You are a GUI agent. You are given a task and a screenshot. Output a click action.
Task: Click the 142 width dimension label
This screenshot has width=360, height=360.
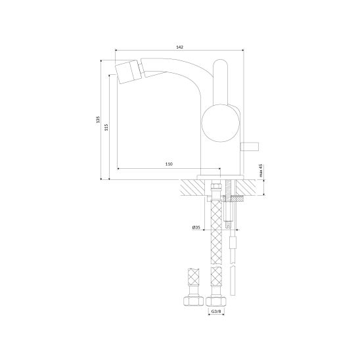coord(180,47)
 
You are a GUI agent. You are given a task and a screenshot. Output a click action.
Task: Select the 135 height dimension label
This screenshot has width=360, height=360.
coord(99,120)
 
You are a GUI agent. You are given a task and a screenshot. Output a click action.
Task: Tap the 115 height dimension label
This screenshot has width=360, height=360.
coord(106,127)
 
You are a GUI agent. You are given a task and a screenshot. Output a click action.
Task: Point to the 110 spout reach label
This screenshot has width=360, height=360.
coord(169,164)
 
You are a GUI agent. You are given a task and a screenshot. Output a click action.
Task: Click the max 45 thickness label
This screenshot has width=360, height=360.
coord(261,171)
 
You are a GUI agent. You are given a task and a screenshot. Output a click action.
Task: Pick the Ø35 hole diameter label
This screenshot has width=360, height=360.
coord(196,227)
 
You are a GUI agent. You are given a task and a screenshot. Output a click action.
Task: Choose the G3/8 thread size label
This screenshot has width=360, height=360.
coord(216,311)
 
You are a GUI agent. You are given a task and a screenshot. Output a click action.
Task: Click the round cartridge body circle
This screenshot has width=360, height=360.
coord(220,123)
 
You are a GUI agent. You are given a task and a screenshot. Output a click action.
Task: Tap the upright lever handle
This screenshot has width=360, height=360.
coord(220,83)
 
